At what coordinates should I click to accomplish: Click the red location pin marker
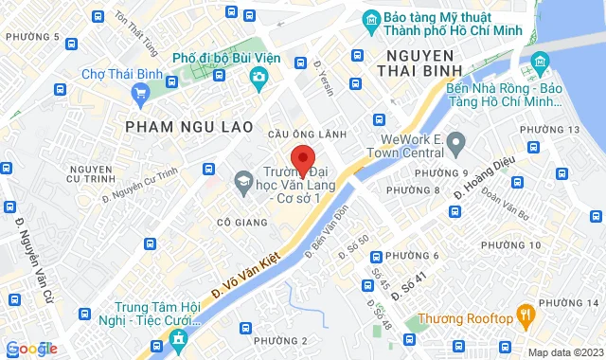(x=302, y=159)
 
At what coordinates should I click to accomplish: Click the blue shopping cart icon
(x=141, y=93)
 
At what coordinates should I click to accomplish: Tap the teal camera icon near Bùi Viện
(x=256, y=82)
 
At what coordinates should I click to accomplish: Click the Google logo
(x=30, y=348)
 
